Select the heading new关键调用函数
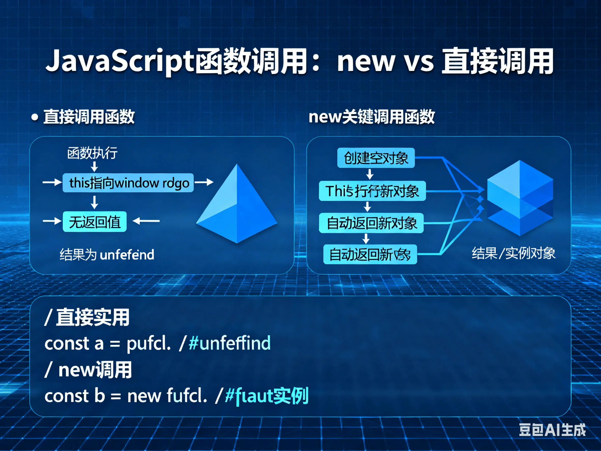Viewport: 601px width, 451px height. coord(371,117)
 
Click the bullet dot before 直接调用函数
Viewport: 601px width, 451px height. coord(35,118)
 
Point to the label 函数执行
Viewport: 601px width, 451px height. coord(92,153)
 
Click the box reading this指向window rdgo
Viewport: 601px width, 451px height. coord(128,183)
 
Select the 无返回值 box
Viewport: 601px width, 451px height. coord(95,222)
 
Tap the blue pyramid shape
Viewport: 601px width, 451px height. coord(237,207)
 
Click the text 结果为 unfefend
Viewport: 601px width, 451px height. coord(107,255)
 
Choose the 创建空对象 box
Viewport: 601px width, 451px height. coord(376,158)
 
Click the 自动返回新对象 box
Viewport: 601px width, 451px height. coord(371,223)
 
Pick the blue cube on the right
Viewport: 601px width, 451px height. coord(520,198)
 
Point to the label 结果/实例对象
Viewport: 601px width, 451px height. coord(514,253)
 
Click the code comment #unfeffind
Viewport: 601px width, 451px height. coord(230,343)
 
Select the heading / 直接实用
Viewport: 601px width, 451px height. coord(87,317)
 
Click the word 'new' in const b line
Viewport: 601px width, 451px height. coord(144,396)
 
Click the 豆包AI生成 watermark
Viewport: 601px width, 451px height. coord(552,430)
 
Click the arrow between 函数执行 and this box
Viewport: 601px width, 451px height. coord(94,166)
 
